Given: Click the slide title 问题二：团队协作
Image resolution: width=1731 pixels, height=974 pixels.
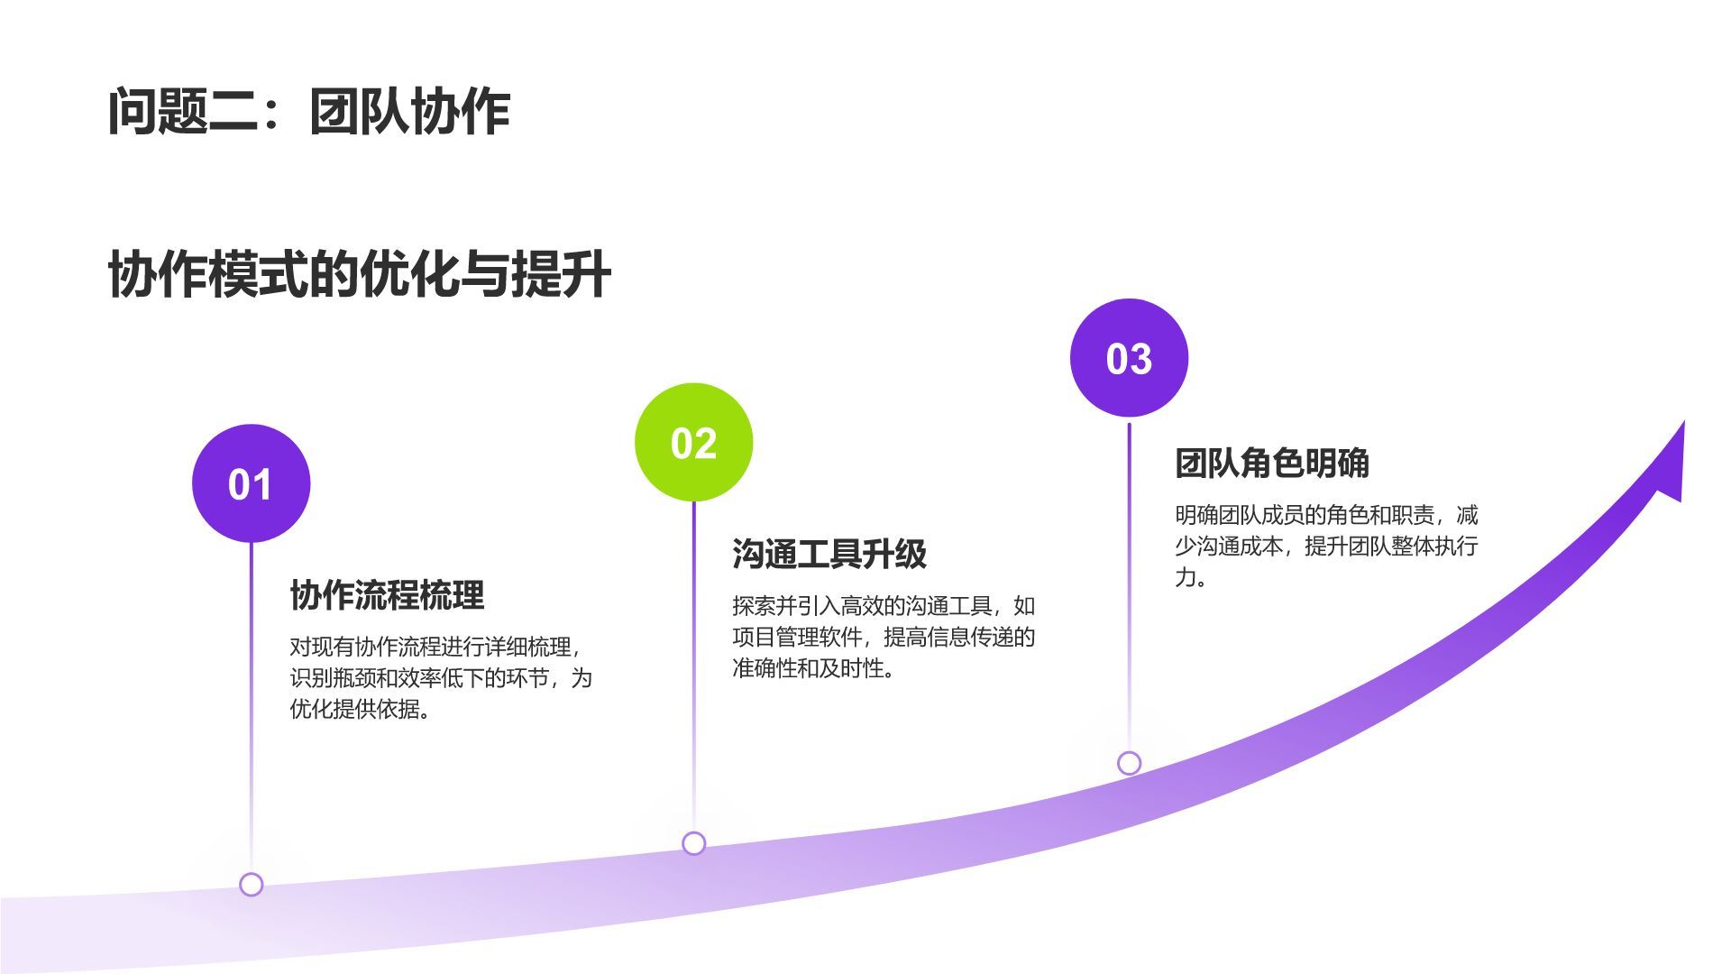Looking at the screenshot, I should [308, 112].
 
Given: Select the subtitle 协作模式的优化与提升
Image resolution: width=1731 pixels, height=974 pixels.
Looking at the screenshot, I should [359, 274].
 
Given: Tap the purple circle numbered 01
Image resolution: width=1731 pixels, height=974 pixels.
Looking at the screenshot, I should [251, 484].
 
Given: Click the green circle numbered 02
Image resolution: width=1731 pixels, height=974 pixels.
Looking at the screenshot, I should [693, 443].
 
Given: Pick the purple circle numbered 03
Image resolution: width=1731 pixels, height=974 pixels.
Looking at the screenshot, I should [1129, 358].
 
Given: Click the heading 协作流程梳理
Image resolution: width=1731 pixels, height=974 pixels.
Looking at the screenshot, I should [387, 595].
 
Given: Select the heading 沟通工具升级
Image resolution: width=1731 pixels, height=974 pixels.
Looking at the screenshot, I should [829, 554].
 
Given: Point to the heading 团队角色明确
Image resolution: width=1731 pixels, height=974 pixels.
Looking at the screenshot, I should [1271, 464].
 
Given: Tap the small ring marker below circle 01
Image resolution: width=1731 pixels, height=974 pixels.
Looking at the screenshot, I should [252, 885].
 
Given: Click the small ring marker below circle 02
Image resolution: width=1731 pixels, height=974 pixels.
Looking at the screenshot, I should [693, 843].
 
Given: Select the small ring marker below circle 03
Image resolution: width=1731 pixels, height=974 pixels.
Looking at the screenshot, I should [1129, 763].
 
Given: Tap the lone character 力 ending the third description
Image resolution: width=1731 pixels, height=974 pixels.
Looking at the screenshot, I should [1185, 577].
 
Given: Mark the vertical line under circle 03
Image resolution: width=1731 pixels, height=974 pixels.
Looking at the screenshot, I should [1129, 586].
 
